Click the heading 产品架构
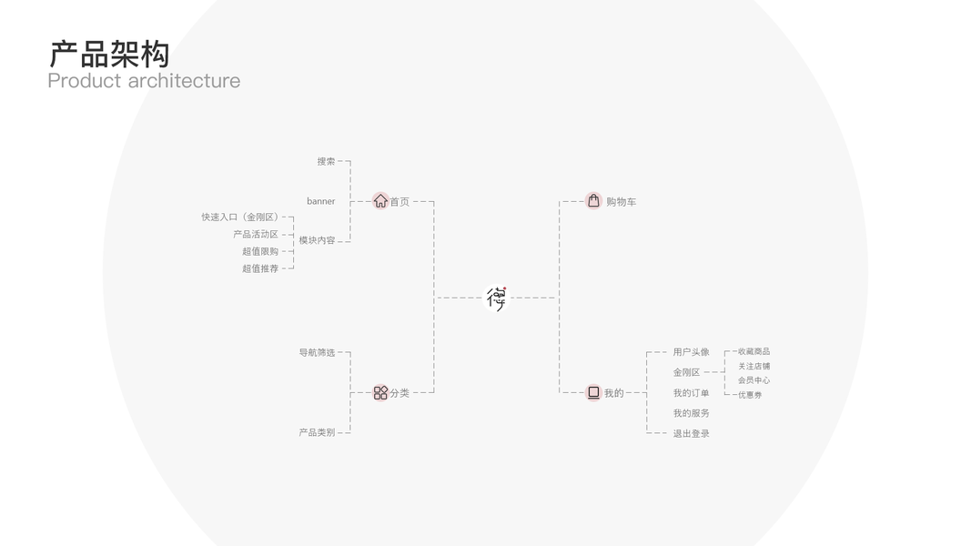point(109,55)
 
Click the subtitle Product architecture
point(144,81)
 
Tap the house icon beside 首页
point(380,201)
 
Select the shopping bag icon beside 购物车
point(593,201)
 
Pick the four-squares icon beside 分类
point(380,393)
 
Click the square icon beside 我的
point(593,393)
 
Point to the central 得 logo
point(496,298)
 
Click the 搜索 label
point(326,161)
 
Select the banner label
point(320,201)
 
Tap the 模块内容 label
point(317,241)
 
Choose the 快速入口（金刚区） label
point(241,217)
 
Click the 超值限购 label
point(260,251)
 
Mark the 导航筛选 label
point(317,352)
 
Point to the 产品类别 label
point(317,432)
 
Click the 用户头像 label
point(691,352)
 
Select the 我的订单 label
point(691,393)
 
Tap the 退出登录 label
point(691,434)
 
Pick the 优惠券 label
point(750,395)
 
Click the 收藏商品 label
point(754,351)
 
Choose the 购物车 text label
point(621,202)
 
